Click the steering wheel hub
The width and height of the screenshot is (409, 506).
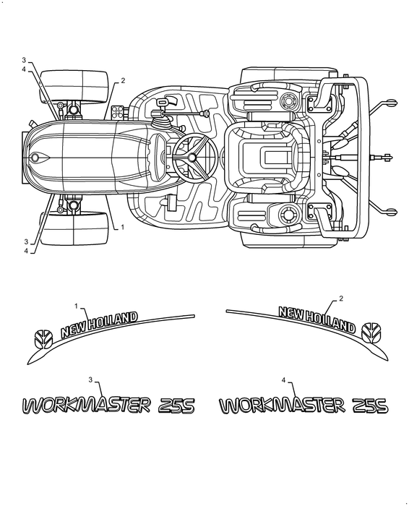[x=193, y=157]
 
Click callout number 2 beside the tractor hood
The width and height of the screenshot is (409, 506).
[x=122, y=80]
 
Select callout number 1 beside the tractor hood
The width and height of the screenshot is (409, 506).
[x=122, y=227]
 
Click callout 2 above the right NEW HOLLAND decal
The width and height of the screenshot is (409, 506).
[x=340, y=299]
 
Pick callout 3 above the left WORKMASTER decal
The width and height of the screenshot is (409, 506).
[x=90, y=379]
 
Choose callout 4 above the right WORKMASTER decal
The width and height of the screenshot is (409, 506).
[x=284, y=379]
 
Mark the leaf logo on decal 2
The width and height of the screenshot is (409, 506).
[x=374, y=330]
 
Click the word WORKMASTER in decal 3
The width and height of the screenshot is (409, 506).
[x=85, y=405]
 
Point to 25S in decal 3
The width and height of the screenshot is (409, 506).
[x=176, y=406]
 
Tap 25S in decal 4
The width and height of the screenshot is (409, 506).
[x=371, y=406]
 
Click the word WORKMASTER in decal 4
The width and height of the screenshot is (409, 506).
[x=281, y=406]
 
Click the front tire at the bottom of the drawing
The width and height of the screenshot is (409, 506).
[x=77, y=228]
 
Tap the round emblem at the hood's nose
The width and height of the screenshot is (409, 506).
[x=34, y=157]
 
